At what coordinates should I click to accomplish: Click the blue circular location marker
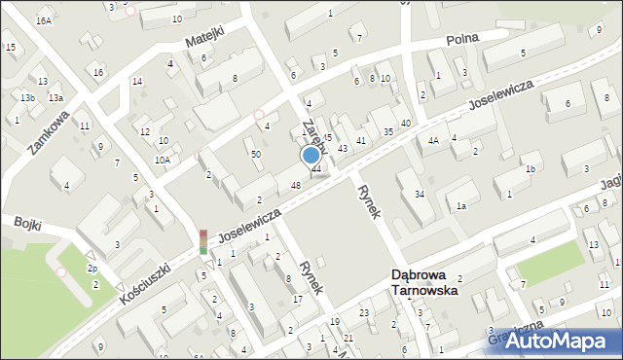point(311,154)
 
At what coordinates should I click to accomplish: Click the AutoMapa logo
point(560,340)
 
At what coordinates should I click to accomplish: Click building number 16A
point(44,20)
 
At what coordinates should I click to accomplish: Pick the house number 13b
point(28,98)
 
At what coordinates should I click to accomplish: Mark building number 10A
point(162,160)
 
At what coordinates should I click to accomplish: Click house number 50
point(256,154)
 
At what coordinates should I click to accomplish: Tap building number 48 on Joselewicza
point(295,186)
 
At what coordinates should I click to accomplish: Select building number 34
point(419,195)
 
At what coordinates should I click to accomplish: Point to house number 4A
point(433,141)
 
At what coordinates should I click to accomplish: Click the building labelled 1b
point(531,169)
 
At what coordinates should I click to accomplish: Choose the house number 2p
point(92,268)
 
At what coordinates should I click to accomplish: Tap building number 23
point(363,312)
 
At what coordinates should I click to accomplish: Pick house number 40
point(405,123)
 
